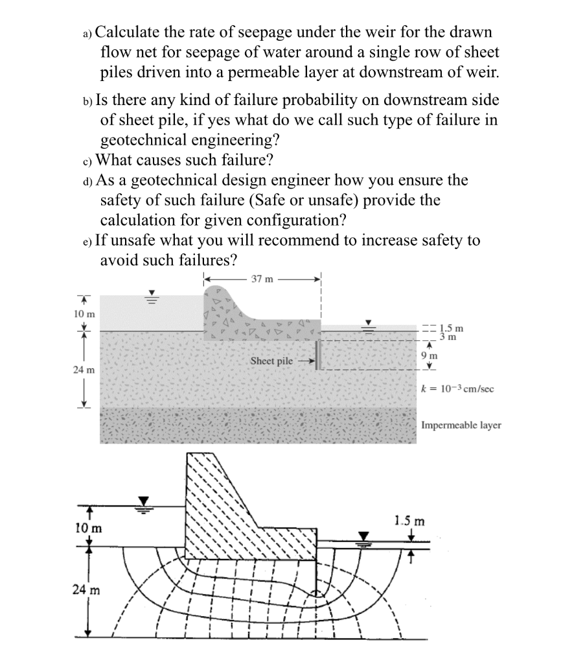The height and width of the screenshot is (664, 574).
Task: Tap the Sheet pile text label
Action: click(x=271, y=361)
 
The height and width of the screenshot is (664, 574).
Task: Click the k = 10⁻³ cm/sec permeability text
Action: click(x=457, y=389)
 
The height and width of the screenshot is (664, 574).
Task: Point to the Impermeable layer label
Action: click(x=461, y=425)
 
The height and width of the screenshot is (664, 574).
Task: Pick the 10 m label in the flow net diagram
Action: click(x=86, y=527)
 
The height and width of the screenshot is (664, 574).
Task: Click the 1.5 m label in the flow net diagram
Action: click(x=409, y=521)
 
